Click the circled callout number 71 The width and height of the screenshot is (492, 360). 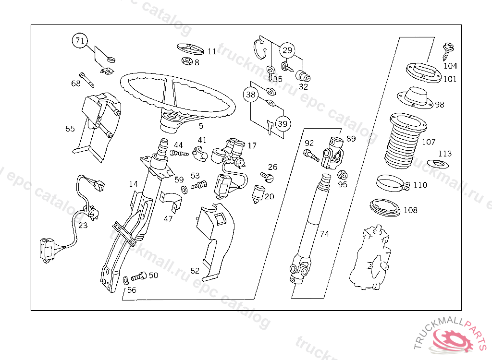[x=80, y=41]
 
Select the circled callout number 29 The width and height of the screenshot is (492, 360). [x=287, y=50]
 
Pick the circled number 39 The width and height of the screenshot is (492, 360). [x=283, y=123]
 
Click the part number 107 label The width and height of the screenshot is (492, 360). [x=428, y=142]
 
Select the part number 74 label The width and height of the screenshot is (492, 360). [x=325, y=234]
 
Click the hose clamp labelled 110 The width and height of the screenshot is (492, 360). [x=391, y=183]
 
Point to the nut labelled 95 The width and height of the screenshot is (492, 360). [x=342, y=174]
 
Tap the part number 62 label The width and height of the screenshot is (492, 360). [x=195, y=271]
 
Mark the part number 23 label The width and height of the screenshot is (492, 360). [x=83, y=225]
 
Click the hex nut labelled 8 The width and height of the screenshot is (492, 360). [x=187, y=61]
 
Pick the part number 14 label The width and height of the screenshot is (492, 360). [x=133, y=183]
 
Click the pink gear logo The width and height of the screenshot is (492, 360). [x=454, y=341]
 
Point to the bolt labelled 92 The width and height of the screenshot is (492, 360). [x=310, y=155]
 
